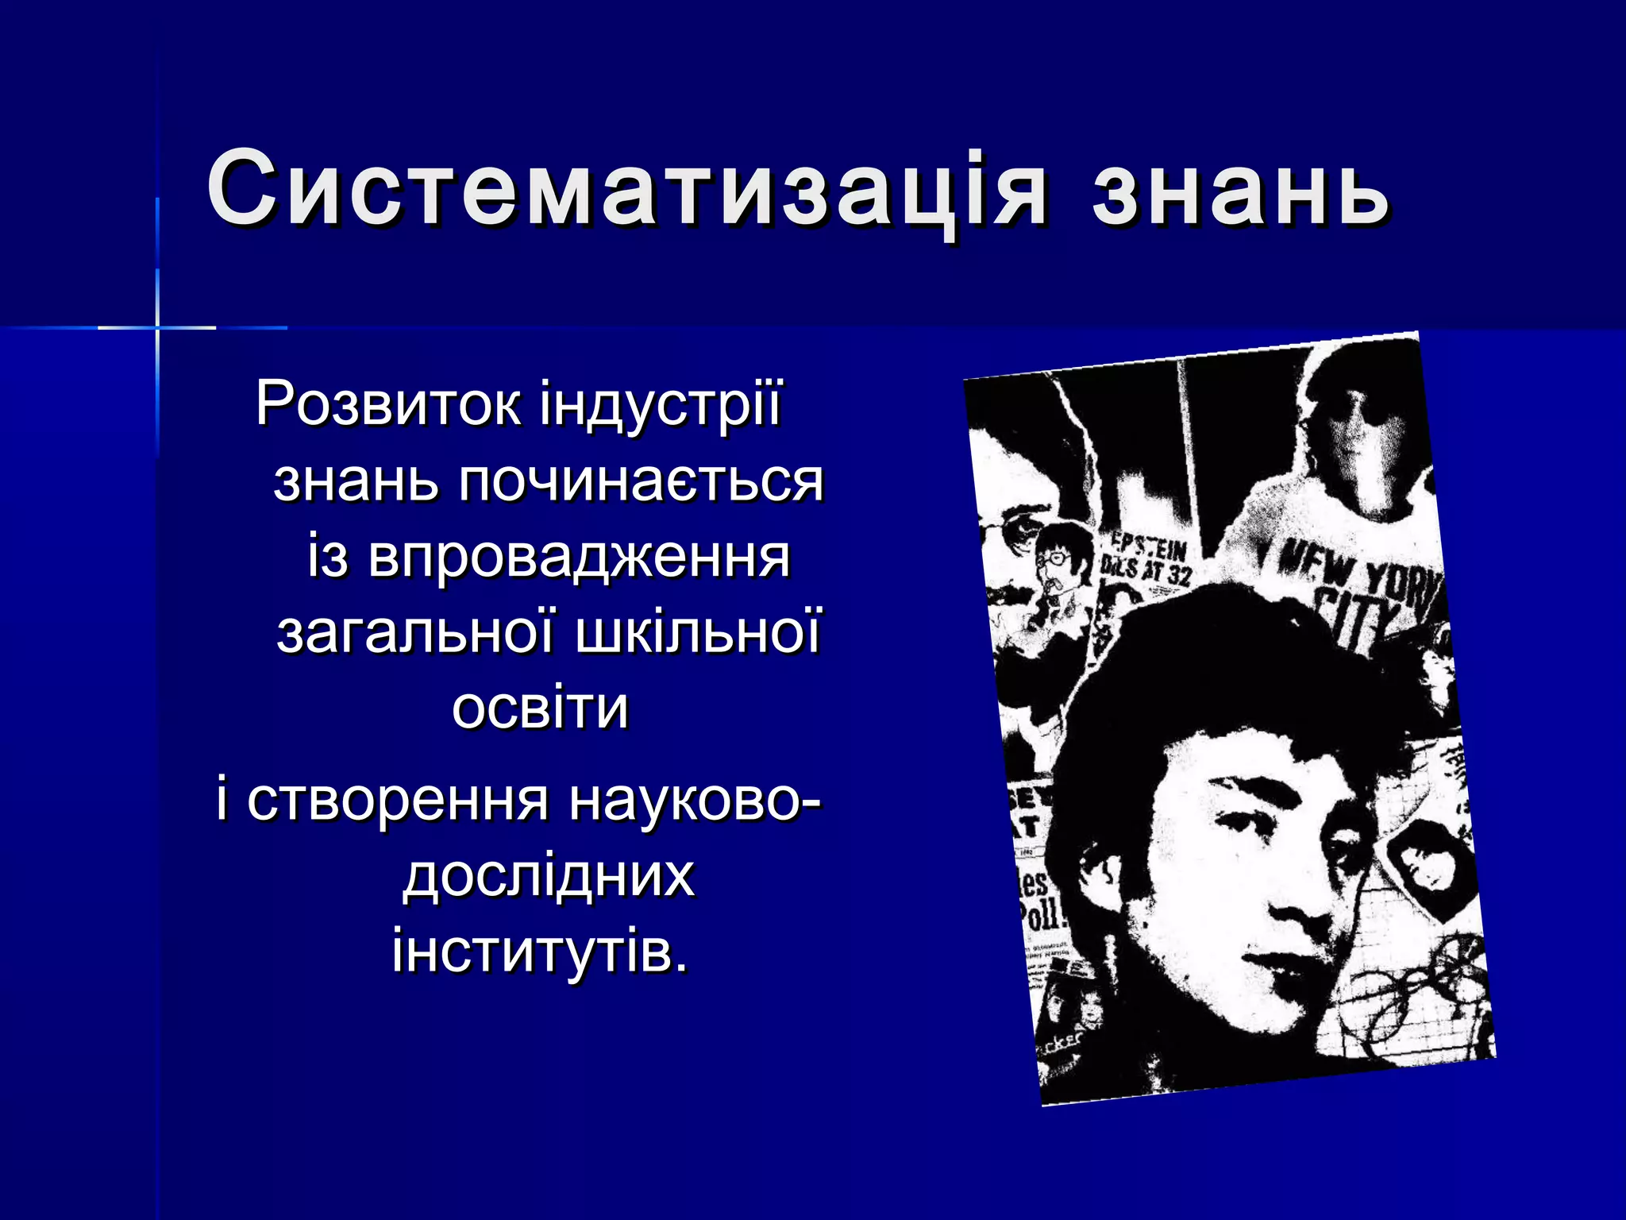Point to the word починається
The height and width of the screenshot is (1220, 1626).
tap(642, 481)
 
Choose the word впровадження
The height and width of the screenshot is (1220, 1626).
tap(579, 556)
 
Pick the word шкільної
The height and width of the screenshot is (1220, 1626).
tap(698, 632)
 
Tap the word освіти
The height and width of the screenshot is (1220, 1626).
tap(540, 707)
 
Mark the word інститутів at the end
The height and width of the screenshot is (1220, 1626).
tap(540, 950)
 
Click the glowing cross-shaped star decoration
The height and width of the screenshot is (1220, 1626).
tap(157, 326)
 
